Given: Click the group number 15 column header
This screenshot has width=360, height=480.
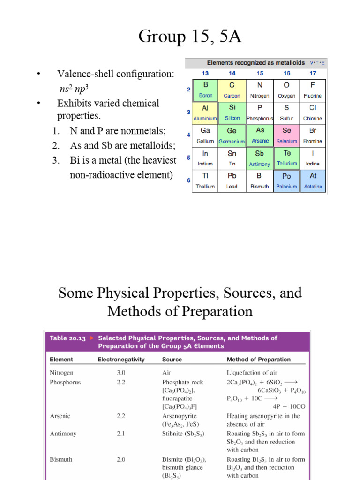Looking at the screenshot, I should click(x=260, y=73).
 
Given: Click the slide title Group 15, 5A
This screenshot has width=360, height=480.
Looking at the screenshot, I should click(x=190, y=36).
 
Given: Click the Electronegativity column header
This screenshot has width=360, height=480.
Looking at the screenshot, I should click(x=121, y=360).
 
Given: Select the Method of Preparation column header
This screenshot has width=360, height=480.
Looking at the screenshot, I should click(x=258, y=360).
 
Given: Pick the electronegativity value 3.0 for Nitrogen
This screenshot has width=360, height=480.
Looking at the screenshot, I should click(x=121, y=373).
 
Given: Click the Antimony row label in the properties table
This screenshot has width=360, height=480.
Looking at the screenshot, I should click(x=63, y=434).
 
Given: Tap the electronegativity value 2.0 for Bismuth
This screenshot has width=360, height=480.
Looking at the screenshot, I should click(x=121, y=459).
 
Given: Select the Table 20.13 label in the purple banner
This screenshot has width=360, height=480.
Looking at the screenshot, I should click(x=68, y=338).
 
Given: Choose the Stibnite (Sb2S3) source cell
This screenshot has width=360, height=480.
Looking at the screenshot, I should click(x=183, y=434).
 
